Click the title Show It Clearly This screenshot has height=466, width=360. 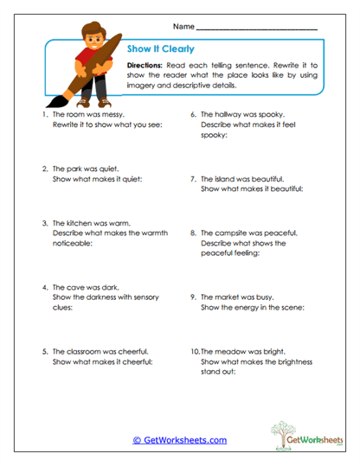coord(160,49)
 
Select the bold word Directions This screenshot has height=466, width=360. coord(150,66)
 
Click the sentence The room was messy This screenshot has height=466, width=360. coord(88,114)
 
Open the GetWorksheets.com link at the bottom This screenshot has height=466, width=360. coord(179,440)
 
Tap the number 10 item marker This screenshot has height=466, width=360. coord(195,352)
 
